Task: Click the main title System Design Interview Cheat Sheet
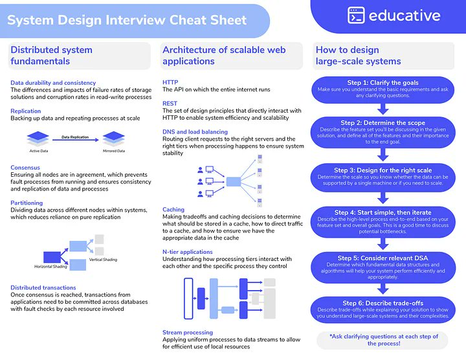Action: click(127, 20)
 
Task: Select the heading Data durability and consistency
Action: click(53, 83)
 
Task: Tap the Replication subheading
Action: click(26, 111)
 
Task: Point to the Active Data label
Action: click(39, 151)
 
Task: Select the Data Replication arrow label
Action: click(76, 137)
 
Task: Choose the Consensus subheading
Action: click(25, 167)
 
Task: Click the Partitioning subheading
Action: click(27, 203)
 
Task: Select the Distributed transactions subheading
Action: click(43, 287)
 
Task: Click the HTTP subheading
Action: click(170, 82)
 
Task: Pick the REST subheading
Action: click(170, 104)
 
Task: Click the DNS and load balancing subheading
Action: click(195, 131)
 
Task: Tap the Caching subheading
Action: click(173, 210)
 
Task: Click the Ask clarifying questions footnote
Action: click(383, 340)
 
